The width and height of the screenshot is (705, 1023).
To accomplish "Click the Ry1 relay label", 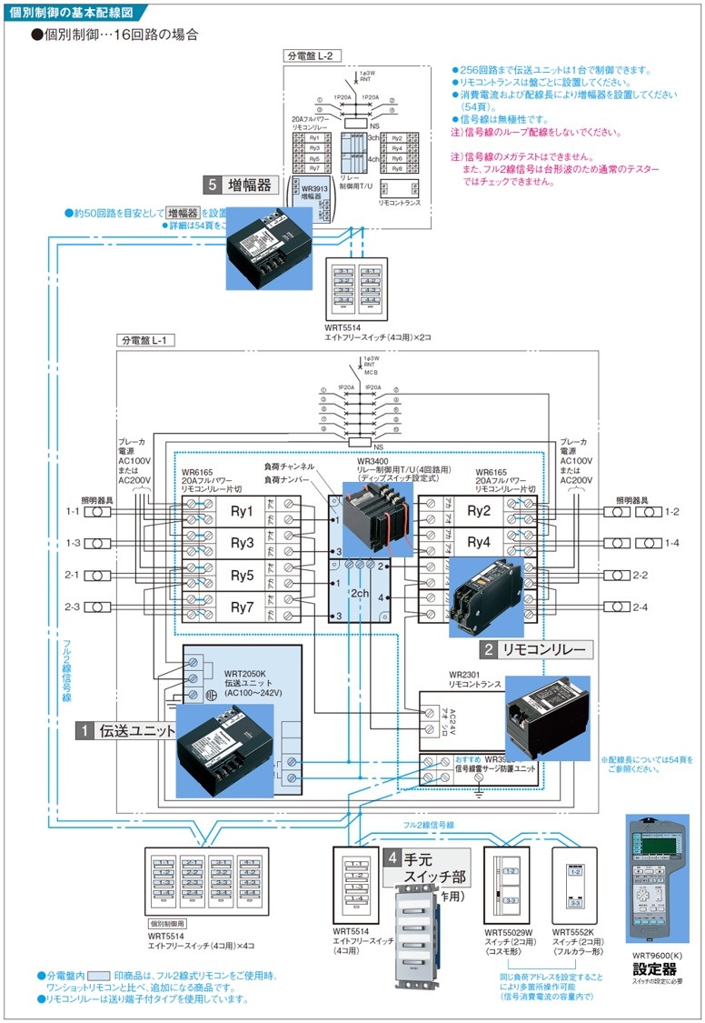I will point(241,512).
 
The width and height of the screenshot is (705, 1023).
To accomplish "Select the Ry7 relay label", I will point(241,607).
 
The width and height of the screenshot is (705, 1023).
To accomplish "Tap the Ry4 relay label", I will point(480,542).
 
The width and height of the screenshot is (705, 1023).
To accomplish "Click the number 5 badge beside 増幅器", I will point(213,186).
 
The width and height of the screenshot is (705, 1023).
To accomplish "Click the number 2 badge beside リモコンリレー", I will point(489,649).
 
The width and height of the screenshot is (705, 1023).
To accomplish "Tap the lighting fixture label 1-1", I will point(72,512).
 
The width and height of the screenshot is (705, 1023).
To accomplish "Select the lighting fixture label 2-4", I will point(640,607).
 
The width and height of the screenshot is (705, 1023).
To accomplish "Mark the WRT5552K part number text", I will point(573,930).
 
